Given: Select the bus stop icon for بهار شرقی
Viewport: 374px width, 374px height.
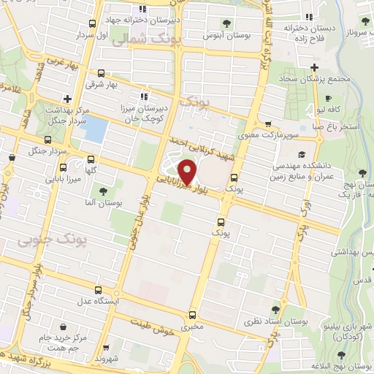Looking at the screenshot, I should pyautogui.click(x=101, y=73).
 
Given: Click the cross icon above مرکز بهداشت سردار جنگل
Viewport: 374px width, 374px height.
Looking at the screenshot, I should pyautogui.click(x=67, y=98).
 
